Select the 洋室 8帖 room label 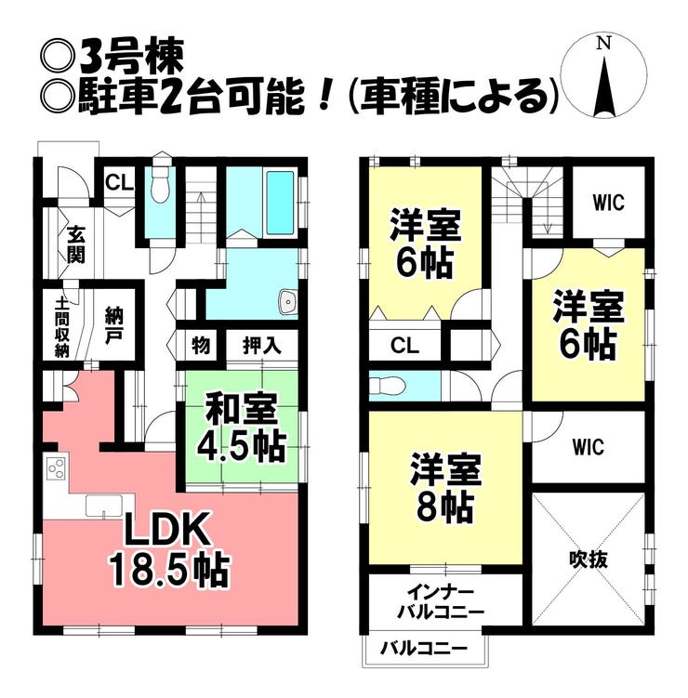tap(445, 487)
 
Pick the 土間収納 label tap(62, 327)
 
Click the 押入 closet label tap(262, 345)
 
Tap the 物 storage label tap(201, 345)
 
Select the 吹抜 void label tap(589, 560)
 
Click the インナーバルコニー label tap(440, 603)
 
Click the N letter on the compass tap(603, 43)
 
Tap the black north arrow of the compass tap(604, 87)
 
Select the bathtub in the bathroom tap(280, 203)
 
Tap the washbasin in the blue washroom tap(287, 302)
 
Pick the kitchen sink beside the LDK tap(104, 507)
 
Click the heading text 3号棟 tap(132, 58)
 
